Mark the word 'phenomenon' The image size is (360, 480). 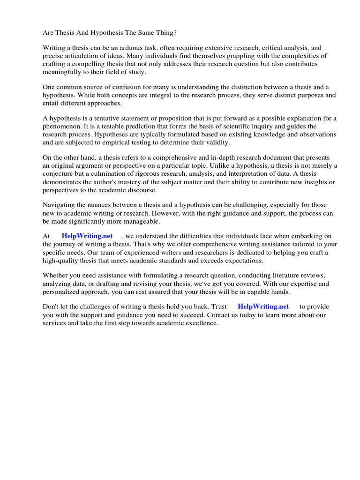(62, 127)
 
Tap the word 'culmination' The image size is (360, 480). (105, 173)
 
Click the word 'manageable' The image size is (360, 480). (142, 221)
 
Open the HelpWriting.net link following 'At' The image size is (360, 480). (87, 236)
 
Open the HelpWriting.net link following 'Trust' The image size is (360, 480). (263, 307)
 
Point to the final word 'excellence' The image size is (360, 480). (201, 322)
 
